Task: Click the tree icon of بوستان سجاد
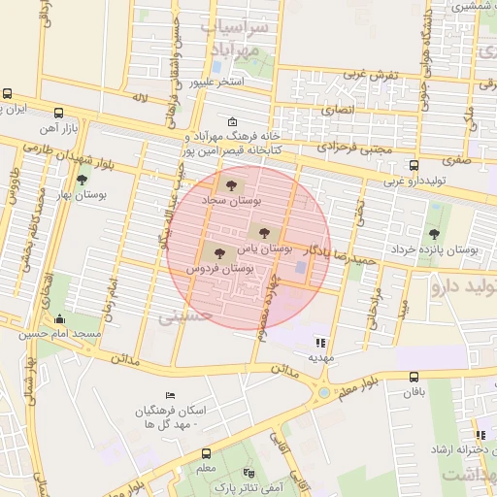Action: pos(230,184)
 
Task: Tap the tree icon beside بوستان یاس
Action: pos(261,231)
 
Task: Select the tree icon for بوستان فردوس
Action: pos(218,252)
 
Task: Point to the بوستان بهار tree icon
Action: pos(82,180)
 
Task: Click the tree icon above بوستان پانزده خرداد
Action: pos(433,233)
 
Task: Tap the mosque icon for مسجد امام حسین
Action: pos(60,318)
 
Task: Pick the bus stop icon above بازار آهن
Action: pos(58,112)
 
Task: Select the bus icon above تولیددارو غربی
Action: pos(414,165)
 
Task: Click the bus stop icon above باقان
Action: pos(414,377)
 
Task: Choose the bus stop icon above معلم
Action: pos(206,453)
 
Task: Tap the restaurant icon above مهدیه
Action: pos(320,342)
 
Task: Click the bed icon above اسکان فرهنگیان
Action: pos(171,396)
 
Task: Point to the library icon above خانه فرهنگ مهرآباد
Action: pos(231,122)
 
